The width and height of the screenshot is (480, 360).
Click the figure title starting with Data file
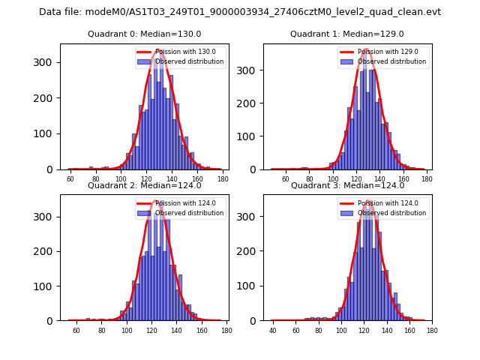240,12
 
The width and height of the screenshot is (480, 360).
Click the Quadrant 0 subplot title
145,34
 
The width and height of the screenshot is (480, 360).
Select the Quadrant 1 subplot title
347,34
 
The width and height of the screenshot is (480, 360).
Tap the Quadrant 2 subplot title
145,185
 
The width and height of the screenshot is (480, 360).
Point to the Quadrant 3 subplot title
347,185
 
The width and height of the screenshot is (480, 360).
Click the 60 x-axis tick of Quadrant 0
70,180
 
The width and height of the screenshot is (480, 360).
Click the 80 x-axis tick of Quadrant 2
102,331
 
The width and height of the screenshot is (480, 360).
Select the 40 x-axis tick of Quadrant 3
273,331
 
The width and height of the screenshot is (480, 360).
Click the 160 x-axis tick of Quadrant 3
409,331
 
